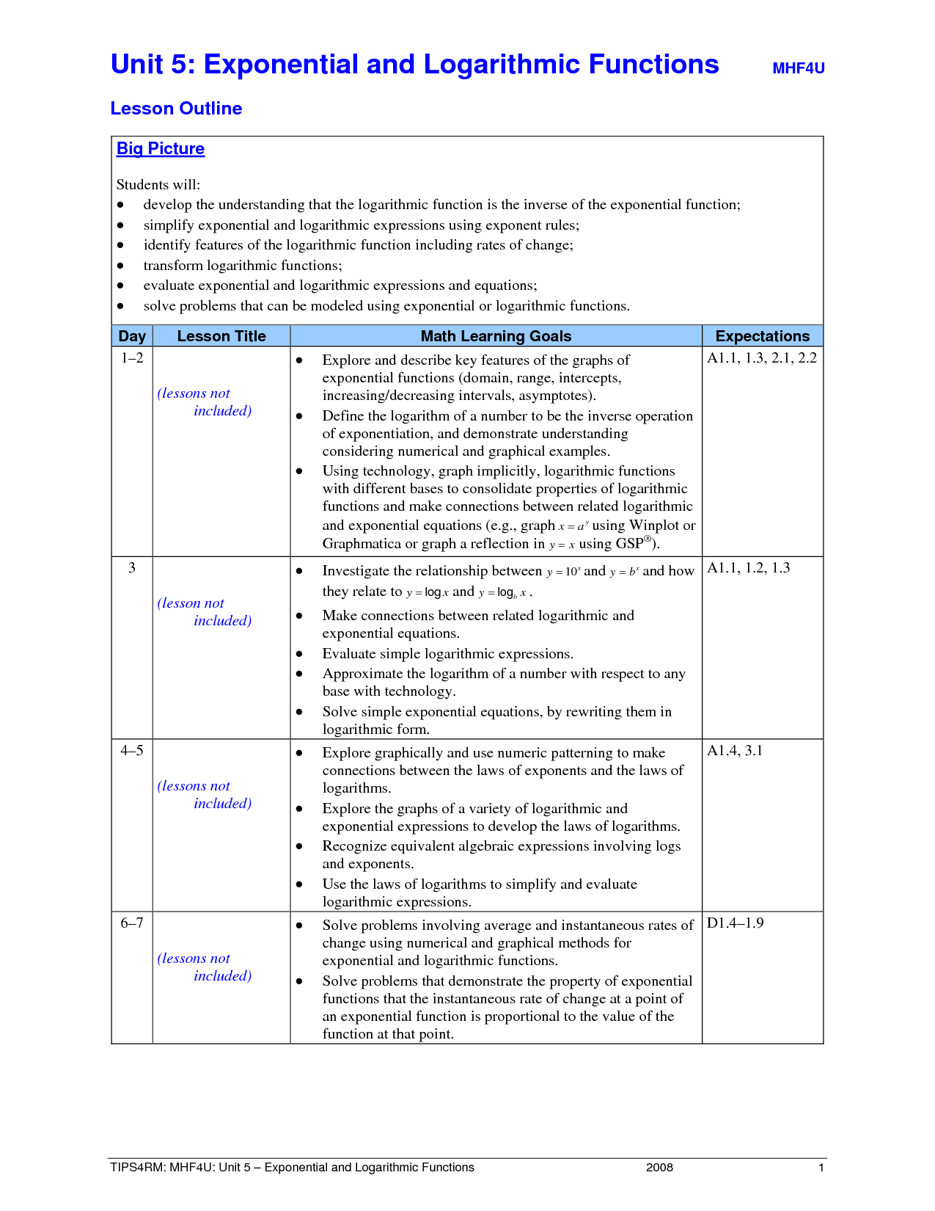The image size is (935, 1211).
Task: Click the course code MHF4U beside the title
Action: coord(798,68)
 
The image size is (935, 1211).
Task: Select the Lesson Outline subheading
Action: coord(176,109)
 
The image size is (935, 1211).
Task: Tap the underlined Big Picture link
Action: coord(161,148)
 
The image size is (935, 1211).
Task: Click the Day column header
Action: coord(132,336)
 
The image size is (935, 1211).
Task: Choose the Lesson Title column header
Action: coord(221,336)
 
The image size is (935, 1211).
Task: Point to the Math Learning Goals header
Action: coord(496,336)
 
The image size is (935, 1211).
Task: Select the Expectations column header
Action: coord(762,336)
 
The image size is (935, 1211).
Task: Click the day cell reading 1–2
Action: coord(132,358)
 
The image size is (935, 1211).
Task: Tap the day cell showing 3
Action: coord(132,568)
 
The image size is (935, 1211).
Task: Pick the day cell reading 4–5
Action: coord(132,751)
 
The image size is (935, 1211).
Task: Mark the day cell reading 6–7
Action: coord(132,923)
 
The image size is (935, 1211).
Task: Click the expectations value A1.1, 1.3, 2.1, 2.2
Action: coord(761,358)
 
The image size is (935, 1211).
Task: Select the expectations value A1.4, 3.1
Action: coord(735,751)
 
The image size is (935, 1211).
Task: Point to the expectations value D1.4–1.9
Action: coord(735,923)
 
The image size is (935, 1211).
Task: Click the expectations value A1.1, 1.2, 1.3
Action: coord(748,568)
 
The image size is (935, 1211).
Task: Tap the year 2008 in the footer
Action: coord(659,1168)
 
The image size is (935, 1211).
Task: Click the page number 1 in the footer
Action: coord(821,1168)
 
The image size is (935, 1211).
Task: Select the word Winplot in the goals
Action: coord(654,526)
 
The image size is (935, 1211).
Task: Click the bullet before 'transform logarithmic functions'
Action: coord(121,266)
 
